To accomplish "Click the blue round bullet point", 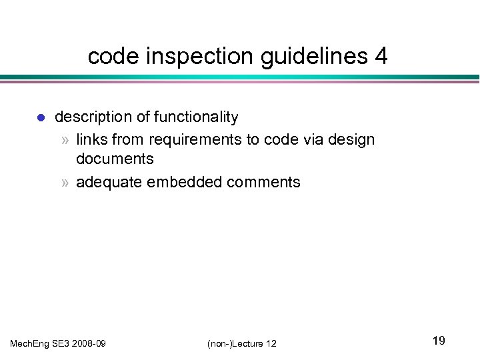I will coord(40,118).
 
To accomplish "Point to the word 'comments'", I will coord(267,182).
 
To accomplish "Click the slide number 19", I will coord(438,341).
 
